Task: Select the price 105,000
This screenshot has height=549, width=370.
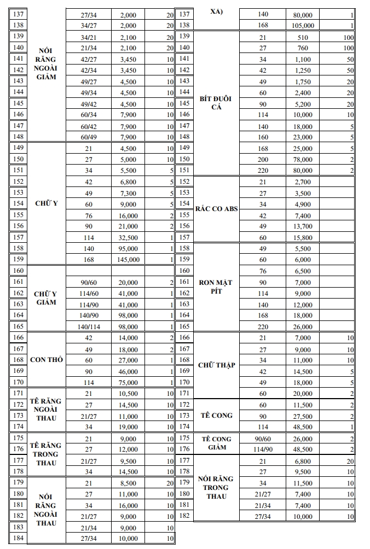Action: point(303,25)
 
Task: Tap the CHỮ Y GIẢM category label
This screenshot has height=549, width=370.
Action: point(46,298)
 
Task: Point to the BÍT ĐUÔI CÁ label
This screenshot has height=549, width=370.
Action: point(216,103)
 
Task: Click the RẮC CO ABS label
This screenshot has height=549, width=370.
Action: point(216,209)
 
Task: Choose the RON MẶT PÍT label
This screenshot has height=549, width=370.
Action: point(216,287)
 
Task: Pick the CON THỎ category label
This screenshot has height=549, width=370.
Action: point(46,360)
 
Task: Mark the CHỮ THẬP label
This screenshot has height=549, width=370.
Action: point(216,365)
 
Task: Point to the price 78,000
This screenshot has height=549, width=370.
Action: point(303,159)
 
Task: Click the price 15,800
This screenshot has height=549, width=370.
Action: point(303,237)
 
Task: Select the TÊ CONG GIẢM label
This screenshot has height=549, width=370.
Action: point(216,443)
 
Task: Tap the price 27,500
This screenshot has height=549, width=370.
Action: point(303,416)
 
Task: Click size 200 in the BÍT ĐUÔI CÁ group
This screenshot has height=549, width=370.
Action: point(263,159)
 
